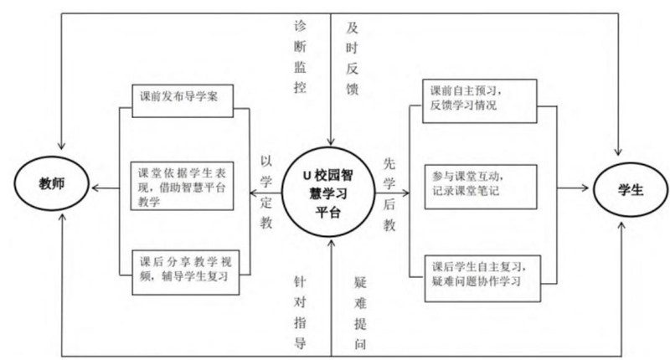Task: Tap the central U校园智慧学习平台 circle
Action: [332, 192]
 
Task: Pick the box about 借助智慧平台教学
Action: [186, 187]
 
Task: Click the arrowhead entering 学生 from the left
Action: [587, 190]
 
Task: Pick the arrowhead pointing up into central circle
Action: [332, 243]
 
